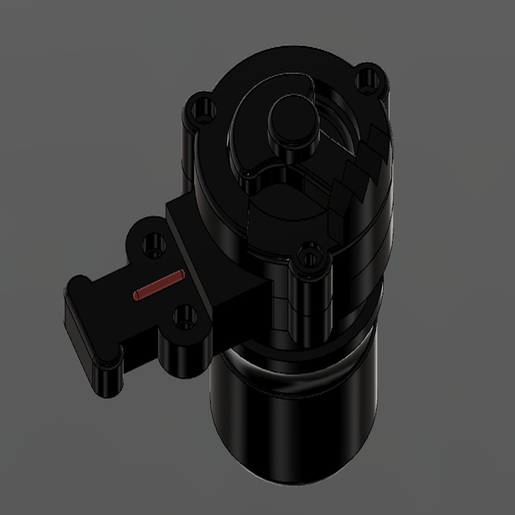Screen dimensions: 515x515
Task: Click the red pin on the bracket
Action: (159, 285)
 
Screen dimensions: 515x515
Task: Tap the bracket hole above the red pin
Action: (153, 246)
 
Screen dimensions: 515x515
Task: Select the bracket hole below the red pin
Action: (185, 317)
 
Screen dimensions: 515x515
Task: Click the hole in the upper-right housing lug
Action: (368, 80)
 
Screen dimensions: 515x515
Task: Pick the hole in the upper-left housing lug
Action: (204, 109)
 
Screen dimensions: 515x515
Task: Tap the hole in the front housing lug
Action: (310, 257)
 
